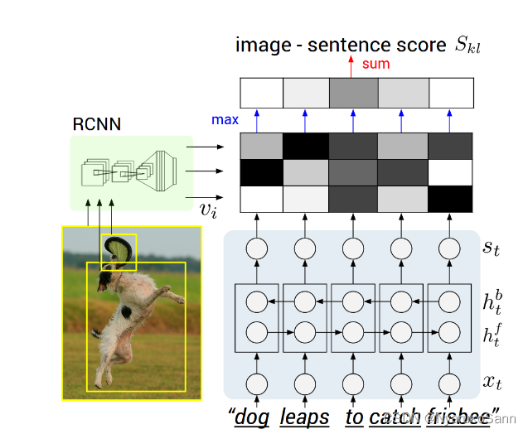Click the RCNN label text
(x=97, y=125)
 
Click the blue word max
(x=225, y=120)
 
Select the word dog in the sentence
(x=252, y=417)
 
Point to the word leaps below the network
(x=304, y=417)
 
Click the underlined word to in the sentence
(x=354, y=417)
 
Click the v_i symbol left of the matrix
(x=207, y=208)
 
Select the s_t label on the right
(x=492, y=247)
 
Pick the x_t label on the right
(x=492, y=383)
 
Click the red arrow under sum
(x=351, y=65)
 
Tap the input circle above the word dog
(x=257, y=383)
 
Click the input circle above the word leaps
(x=305, y=383)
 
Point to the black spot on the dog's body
(x=125, y=312)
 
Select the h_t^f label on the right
(x=492, y=332)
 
